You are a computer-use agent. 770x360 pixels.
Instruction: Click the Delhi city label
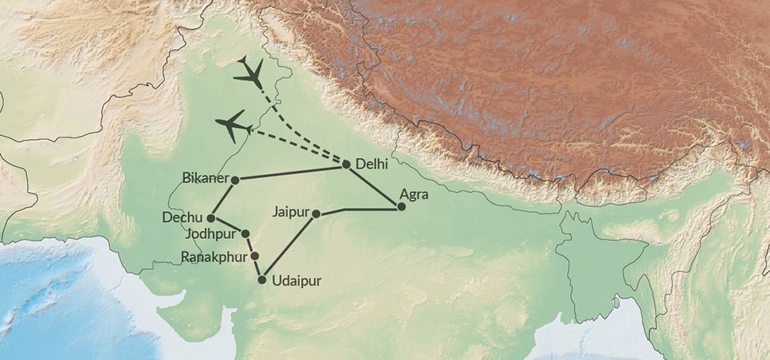[x=372, y=165]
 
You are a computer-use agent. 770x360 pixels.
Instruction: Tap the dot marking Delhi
[x=347, y=165]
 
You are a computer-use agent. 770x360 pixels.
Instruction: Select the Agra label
[x=414, y=195]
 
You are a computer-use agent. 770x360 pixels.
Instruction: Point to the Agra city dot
[x=401, y=207]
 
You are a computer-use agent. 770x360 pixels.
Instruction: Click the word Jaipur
[x=290, y=212]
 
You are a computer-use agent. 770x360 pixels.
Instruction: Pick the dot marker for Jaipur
[x=316, y=214]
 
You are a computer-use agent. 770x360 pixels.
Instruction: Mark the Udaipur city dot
[x=262, y=279]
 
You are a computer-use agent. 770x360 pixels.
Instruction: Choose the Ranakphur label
[x=214, y=257]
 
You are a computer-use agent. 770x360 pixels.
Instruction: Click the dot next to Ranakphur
[x=255, y=256]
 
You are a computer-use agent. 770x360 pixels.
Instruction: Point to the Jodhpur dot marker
[x=245, y=233]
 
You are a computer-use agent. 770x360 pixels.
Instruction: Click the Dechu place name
[x=182, y=217]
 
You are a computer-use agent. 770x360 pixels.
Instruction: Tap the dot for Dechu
[x=211, y=218]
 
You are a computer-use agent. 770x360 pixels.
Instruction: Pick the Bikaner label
[x=205, y=178]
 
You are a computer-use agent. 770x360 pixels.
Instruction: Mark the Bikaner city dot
[x=236, y=180]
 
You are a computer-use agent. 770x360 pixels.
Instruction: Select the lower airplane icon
[x=233, y=126]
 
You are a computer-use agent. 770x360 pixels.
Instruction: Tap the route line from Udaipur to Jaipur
[x=288, y=247]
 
